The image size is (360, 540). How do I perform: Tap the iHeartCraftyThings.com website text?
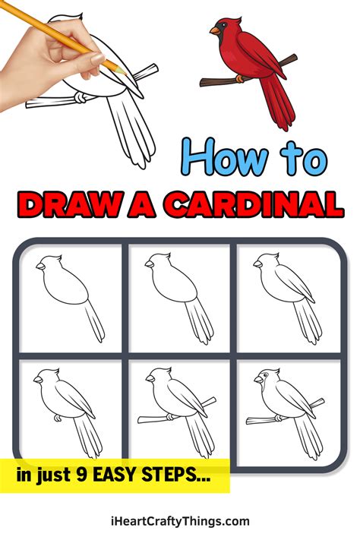tap(179, 521)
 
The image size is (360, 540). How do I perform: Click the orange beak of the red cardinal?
tap(215, 31)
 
